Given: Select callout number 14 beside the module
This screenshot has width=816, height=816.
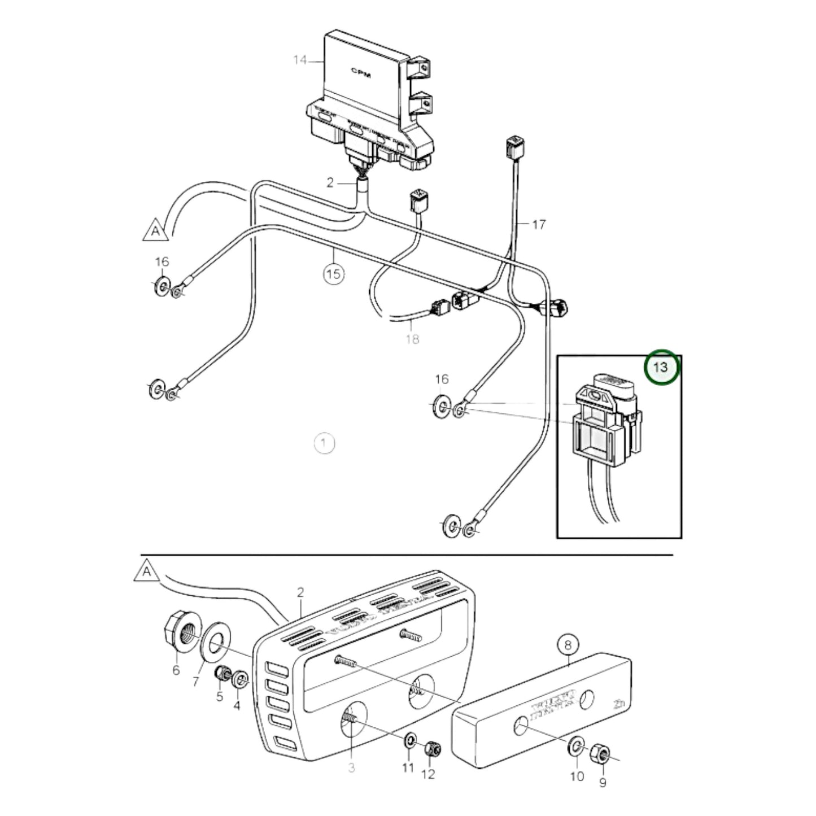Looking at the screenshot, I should tap(300, 59).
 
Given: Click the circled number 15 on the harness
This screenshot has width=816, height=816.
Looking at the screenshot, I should tap(334, 274).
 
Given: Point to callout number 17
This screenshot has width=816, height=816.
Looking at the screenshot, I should tap(539, 225).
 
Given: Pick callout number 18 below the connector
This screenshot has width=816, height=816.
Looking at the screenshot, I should tap(412, 339).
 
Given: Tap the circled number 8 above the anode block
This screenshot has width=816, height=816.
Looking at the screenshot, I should tap(568, 644).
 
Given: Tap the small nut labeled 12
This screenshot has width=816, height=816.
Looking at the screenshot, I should tap(433, 749).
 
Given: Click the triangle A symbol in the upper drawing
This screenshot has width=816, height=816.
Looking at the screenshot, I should tap(155, 231).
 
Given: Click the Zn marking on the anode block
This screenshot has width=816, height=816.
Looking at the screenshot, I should tap(618, 704).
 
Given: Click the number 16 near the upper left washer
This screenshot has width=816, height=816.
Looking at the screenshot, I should tap(162, 262).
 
